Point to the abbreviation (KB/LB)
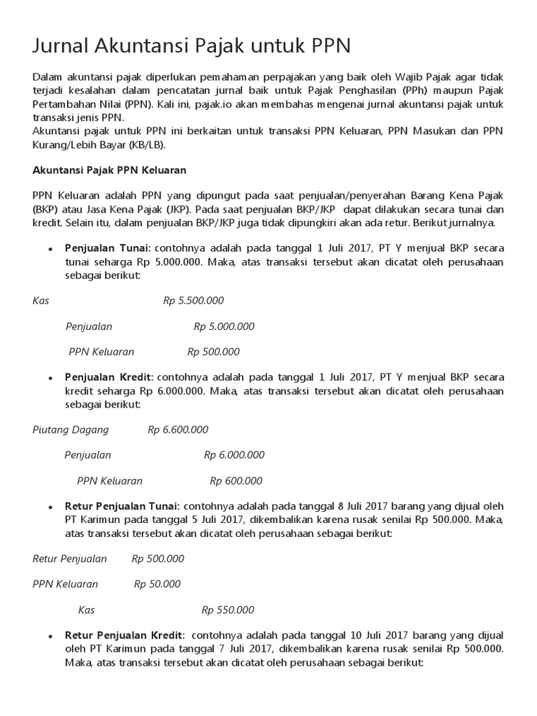(x=148, y=145)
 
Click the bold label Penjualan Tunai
(x=107, y=248)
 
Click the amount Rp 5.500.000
(x=194, y=301)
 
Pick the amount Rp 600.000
(x=236, y=481)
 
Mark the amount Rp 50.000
(x=157, y=584)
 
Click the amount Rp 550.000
(x=228, y=610)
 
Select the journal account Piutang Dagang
(x=71, y=429)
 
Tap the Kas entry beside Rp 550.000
(x=87, y=610)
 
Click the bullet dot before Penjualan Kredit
(x=50, y=378)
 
